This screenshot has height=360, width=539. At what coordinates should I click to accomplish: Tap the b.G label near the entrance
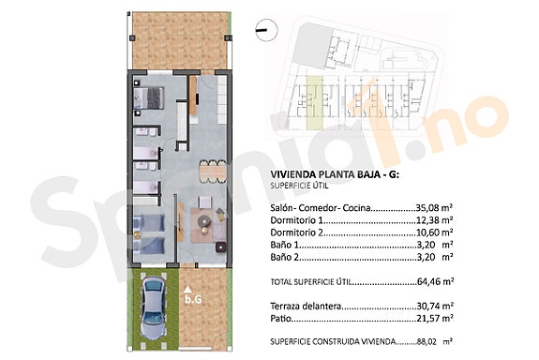coord(192,299)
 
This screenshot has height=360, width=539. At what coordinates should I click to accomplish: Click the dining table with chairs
coord(211,172)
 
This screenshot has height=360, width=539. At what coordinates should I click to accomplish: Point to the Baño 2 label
coord(285,256)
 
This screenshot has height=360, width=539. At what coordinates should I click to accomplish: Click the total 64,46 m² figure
coord(435,280)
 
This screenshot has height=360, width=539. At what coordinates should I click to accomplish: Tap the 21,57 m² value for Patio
coord(435,319)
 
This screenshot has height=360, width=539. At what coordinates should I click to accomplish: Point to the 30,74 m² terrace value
coord(435,307)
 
